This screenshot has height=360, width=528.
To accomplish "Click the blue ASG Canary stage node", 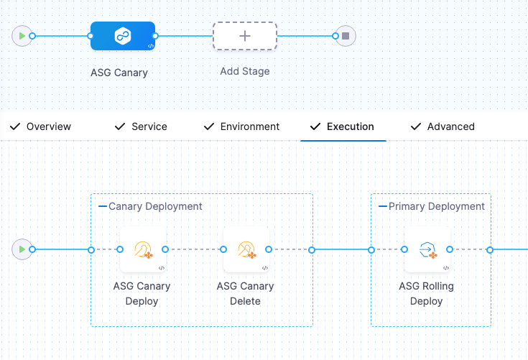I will click(x=122, y=35).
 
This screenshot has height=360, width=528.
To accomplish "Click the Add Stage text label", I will click(x=244, y=72).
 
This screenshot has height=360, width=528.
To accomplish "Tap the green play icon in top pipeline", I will click(x=22, y=35).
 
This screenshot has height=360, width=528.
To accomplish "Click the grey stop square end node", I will click(x=346, y=35).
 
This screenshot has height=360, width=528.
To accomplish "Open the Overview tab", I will click(x=48, y=126).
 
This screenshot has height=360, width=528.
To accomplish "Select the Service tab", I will click(x=149, y=126).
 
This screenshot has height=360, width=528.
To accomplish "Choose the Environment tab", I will click(x=249, y=126).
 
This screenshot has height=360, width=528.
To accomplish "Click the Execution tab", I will click(x=350, y=126).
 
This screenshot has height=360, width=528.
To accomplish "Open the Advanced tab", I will click(x=450, y=126).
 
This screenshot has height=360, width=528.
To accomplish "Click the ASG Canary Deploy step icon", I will click(x=142, y=249).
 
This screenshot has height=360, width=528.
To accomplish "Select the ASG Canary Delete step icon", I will click(x=246, y=249).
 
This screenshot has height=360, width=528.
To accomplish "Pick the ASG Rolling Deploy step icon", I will click(x=427, y=249).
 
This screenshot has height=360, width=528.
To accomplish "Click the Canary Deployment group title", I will click(x=155, y=206).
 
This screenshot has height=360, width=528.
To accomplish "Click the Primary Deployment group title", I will click(x=437, y=206).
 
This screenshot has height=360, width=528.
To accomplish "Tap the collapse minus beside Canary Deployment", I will click(x=102, y=206).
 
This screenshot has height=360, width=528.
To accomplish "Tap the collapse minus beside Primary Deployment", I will click(x=383, y=206).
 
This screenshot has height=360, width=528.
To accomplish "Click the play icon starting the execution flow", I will click(x=22, y=249).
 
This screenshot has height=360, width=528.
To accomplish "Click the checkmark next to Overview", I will click(x=14, y=126).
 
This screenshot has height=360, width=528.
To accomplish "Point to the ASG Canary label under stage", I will click(x=119, y=73).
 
